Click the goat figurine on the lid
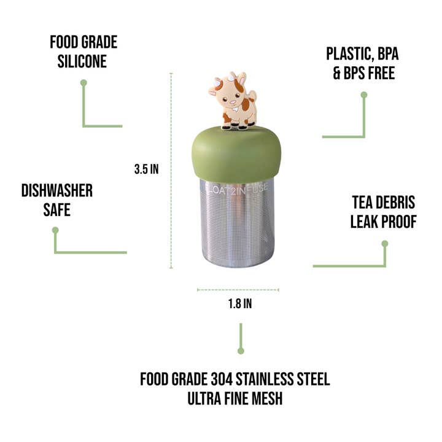click(234, 102)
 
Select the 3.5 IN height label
click(146, 169)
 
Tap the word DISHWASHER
click(56, 191)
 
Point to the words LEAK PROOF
click(384, 222)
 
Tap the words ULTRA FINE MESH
click(235, 398)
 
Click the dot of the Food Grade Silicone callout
click(83, 82)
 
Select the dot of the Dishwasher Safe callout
click(55, 230)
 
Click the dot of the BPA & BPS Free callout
click(363, 95)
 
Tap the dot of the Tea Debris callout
click(385, 243)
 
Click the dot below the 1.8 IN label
click(241, 351)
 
